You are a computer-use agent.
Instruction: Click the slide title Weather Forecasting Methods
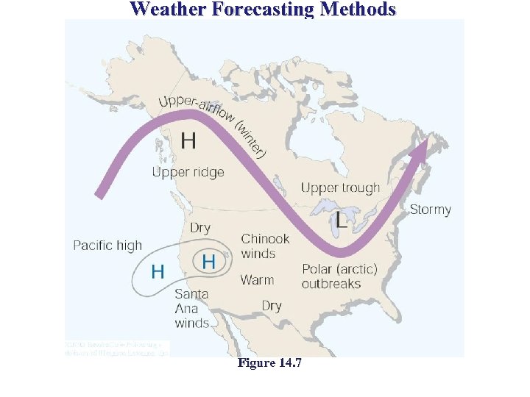(x=263, y=10)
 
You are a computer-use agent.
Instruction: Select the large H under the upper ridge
(x=188, y=140)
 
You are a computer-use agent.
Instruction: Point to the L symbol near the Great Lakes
(x=342, y=219)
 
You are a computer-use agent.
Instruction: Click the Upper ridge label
(x=188, y=173)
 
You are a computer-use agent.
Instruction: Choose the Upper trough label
(x=340, y=187)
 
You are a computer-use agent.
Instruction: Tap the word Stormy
(x=430, y=210)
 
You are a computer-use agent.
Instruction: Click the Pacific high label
(x=107, y=245)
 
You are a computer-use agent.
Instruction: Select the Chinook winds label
(x=265, y=246)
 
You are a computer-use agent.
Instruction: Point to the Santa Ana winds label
(x=192, y=308)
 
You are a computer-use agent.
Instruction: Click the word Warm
(x=257, y=280)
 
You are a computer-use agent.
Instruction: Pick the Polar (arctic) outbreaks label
(x=339, y=276)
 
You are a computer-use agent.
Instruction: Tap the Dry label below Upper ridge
(x=200, y=228)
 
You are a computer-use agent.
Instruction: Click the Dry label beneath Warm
(x=272, y=306)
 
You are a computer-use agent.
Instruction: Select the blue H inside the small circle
(x=208, y=261)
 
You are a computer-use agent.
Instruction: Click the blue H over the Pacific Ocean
(x=158, y=271)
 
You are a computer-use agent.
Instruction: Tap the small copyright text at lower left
(x=116, y=348)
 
